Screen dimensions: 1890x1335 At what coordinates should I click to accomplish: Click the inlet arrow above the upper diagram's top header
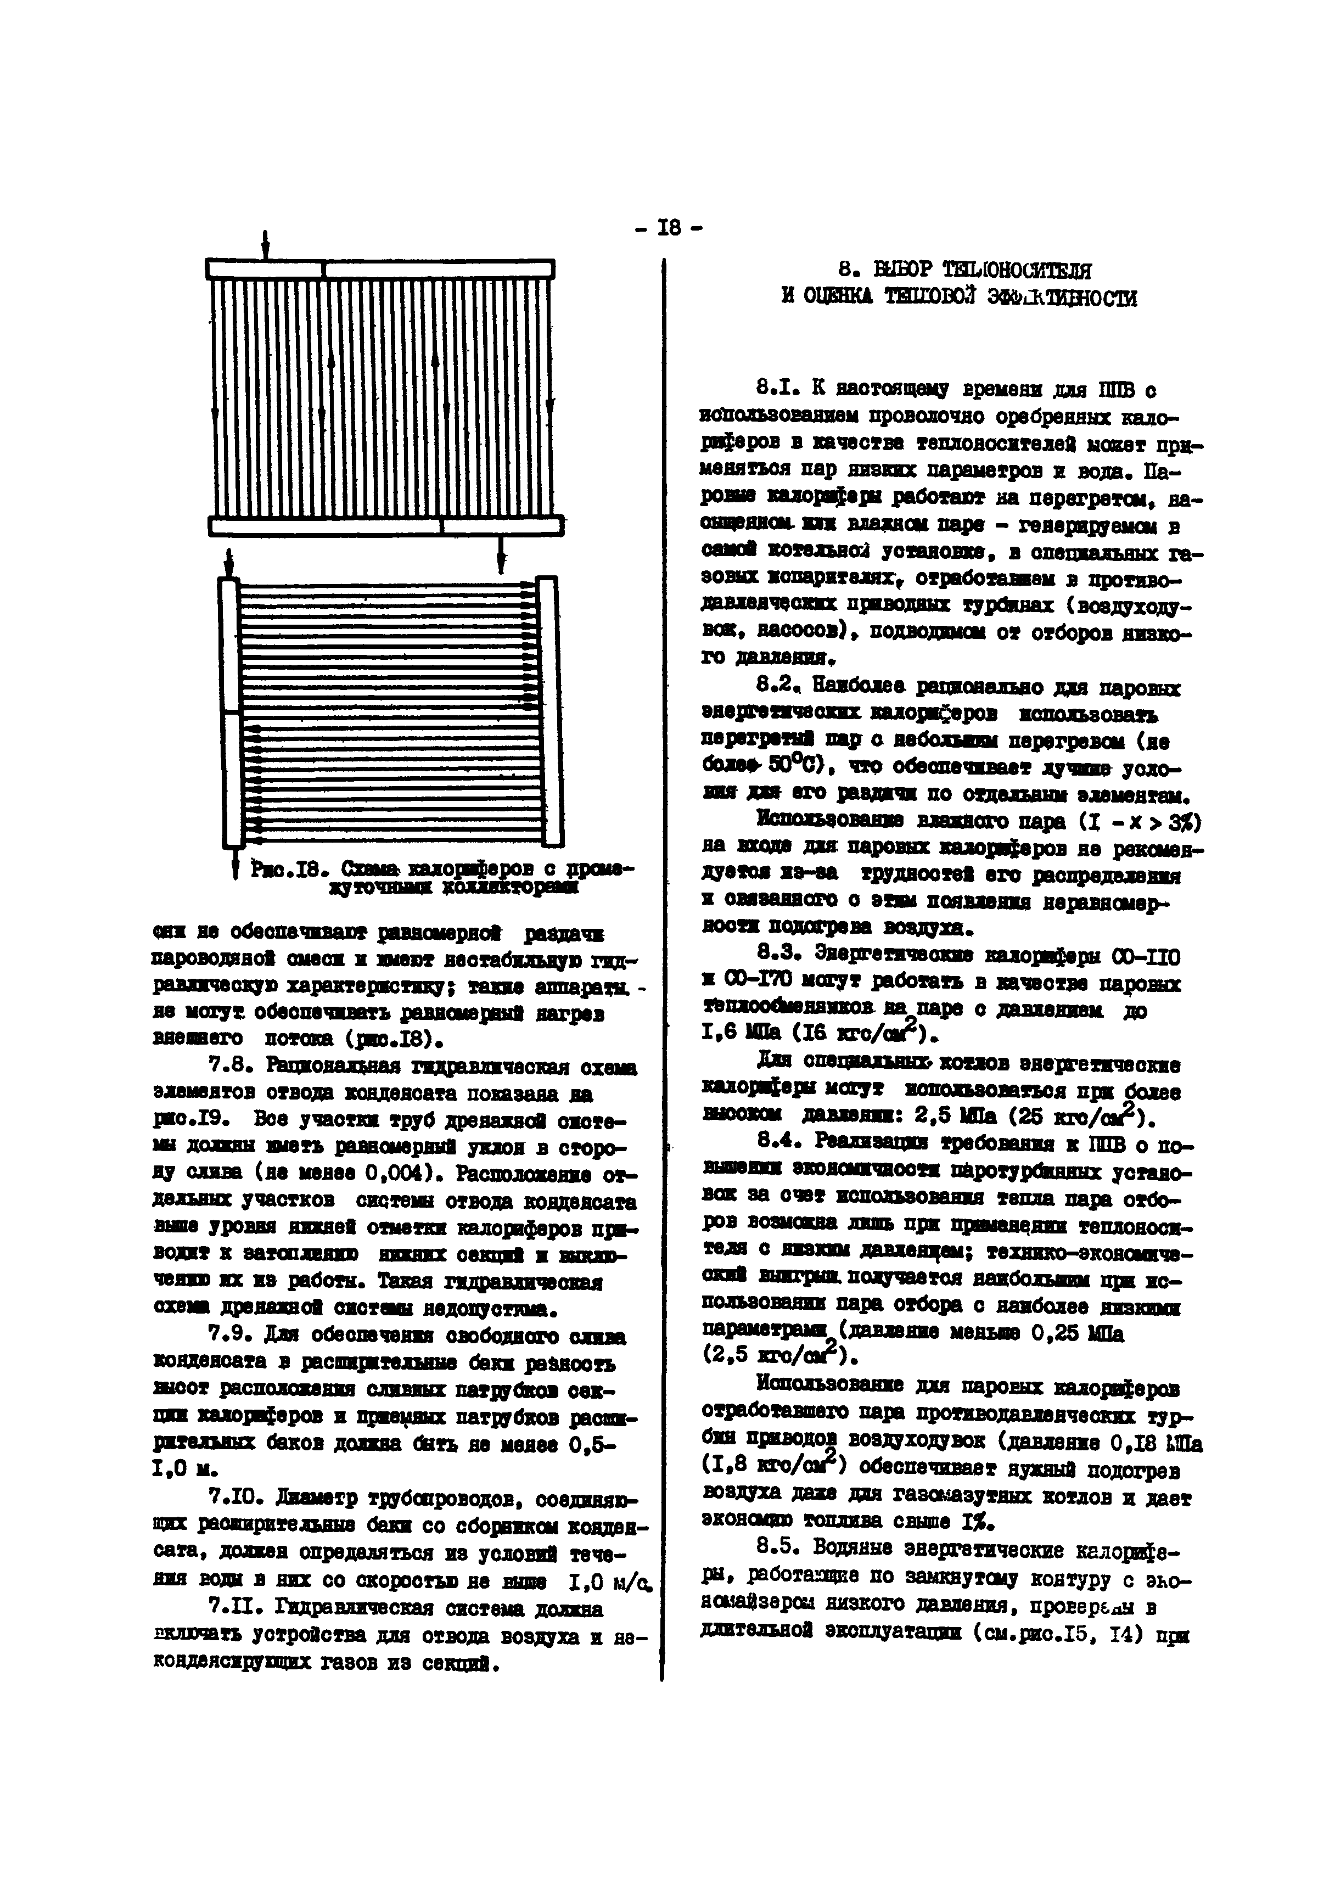(x=265, y=244)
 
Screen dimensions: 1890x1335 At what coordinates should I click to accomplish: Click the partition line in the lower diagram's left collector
(x=231, y=711)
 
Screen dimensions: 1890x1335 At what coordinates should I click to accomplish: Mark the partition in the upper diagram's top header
(x=323, y=269)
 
